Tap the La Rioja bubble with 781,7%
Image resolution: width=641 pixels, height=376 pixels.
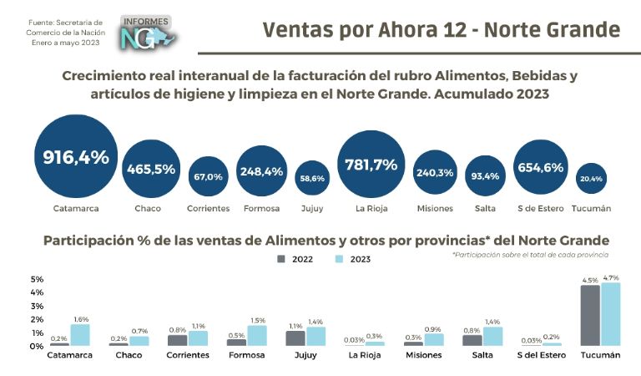[371, 165]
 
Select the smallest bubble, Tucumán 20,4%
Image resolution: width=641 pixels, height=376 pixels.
[591, 179]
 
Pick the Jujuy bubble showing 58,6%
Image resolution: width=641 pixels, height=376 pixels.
[312, 178]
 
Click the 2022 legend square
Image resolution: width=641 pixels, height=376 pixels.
[281, 259]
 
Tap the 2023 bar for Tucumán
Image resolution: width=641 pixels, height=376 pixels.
[612, 314]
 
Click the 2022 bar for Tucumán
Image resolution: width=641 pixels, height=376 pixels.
[590, 316]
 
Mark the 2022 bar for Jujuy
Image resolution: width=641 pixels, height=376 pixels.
[295, 338]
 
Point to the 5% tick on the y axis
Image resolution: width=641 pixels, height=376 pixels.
[37, 279]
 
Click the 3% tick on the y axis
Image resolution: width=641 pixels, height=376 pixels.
[37, 306]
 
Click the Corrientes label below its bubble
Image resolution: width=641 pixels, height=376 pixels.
[208, 208]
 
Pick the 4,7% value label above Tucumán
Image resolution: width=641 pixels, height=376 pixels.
[611, 277]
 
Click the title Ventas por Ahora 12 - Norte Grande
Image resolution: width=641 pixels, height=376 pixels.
[442, 30]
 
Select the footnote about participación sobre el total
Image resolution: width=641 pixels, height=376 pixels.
[530, 253]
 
